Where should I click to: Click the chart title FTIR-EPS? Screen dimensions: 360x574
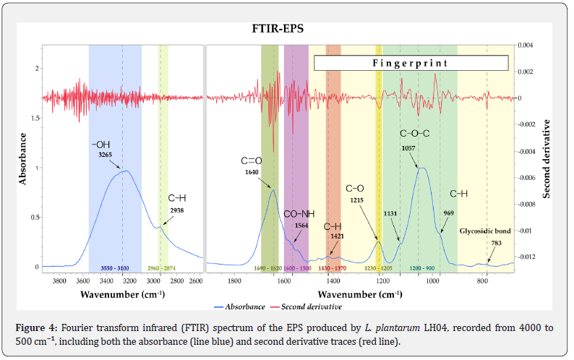pos(279,30)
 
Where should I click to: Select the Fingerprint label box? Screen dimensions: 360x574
pos(410,63)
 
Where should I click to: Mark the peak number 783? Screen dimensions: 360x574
pos(496,243)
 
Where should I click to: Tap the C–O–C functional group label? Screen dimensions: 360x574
pos(415,134)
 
